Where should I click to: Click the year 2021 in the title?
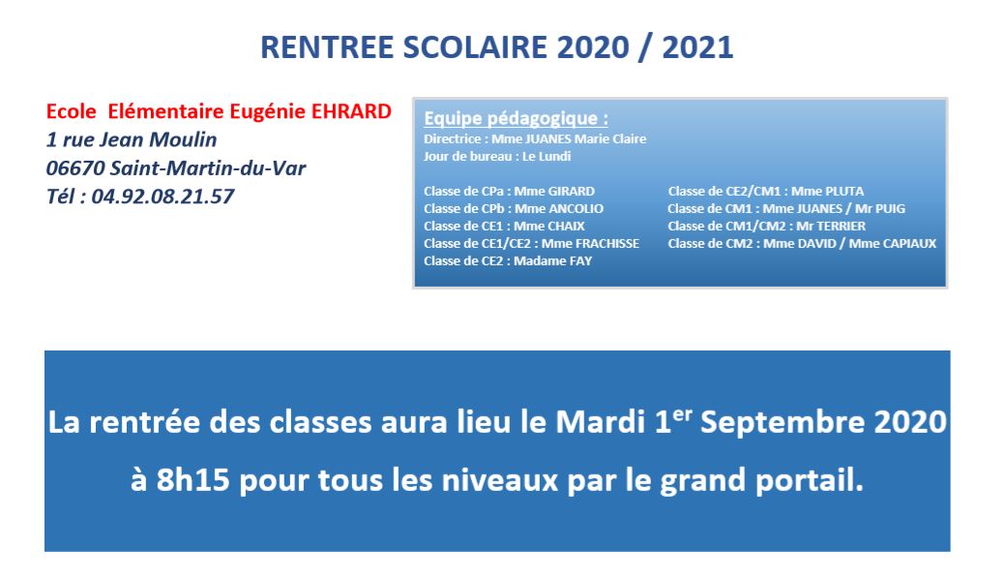(697, 47)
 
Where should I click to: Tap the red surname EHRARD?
(351, 111)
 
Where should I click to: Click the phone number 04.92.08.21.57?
(163, 197)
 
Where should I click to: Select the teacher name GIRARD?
(572, 191)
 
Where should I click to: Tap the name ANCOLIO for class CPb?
(577, 208)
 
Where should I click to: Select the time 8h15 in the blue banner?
(193, 479)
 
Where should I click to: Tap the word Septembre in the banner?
(781, 422)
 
